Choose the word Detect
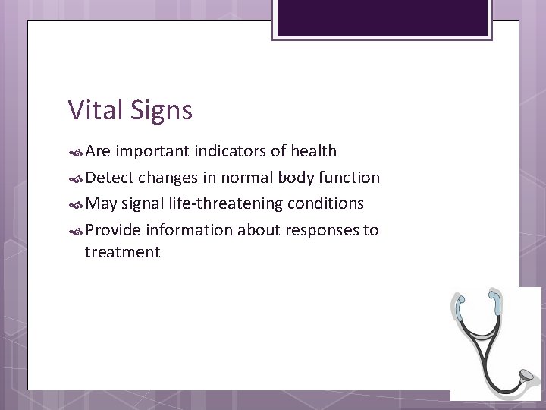[111, 178]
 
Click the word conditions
[327, 204]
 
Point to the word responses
[318, 230]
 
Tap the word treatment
[123, 252]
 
